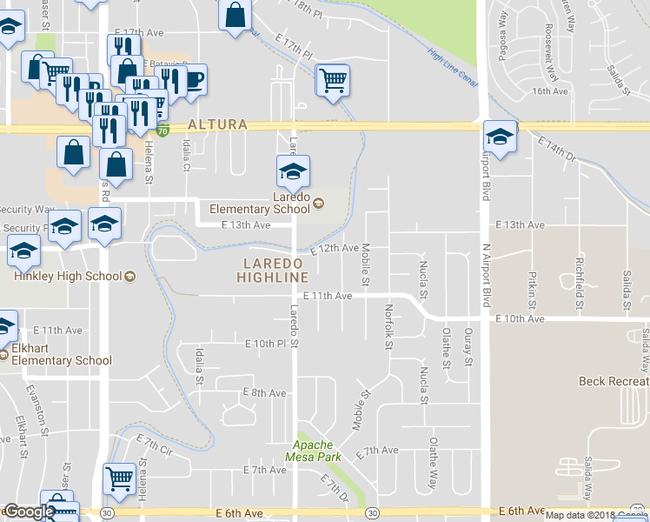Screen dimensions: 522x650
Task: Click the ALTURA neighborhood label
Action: [216, 125]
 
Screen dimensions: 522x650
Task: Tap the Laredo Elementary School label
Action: [279, 203]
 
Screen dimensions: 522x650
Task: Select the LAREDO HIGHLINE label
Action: [272, 270]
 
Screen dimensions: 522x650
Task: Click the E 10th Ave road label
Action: [520, 319]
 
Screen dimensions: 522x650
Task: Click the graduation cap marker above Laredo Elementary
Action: [294, 171]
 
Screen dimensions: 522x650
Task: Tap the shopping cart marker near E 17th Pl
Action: [333, 80]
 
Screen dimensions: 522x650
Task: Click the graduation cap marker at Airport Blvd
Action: [500, 136]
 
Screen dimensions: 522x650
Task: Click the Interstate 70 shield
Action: [162, 131]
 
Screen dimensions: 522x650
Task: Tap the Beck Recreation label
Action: [614, 382]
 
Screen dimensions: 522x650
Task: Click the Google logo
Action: [29, 512]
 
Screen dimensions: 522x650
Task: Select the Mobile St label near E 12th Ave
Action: [366, 264]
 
